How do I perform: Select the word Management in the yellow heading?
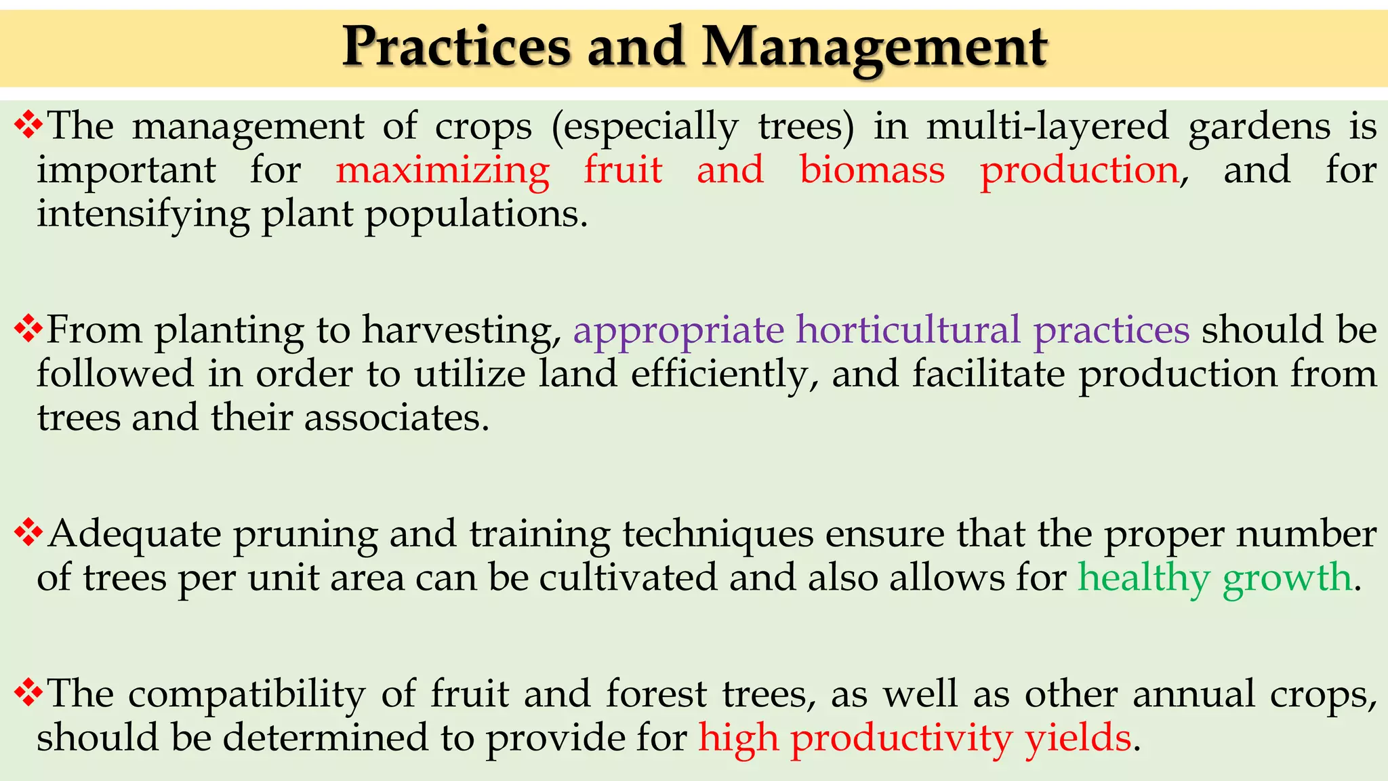[874, 49]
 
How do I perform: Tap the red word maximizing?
[442, 169]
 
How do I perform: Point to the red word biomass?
[872, 169]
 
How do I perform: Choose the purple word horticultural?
[908, 330]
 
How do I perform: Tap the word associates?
[396, 418]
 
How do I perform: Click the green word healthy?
[1144, 578]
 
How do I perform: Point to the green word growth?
[1287, 578]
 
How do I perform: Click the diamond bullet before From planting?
[28, 329]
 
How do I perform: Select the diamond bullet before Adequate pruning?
[28, 532]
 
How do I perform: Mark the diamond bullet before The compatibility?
[28, 692]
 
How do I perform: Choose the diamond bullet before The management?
[28, 125]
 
